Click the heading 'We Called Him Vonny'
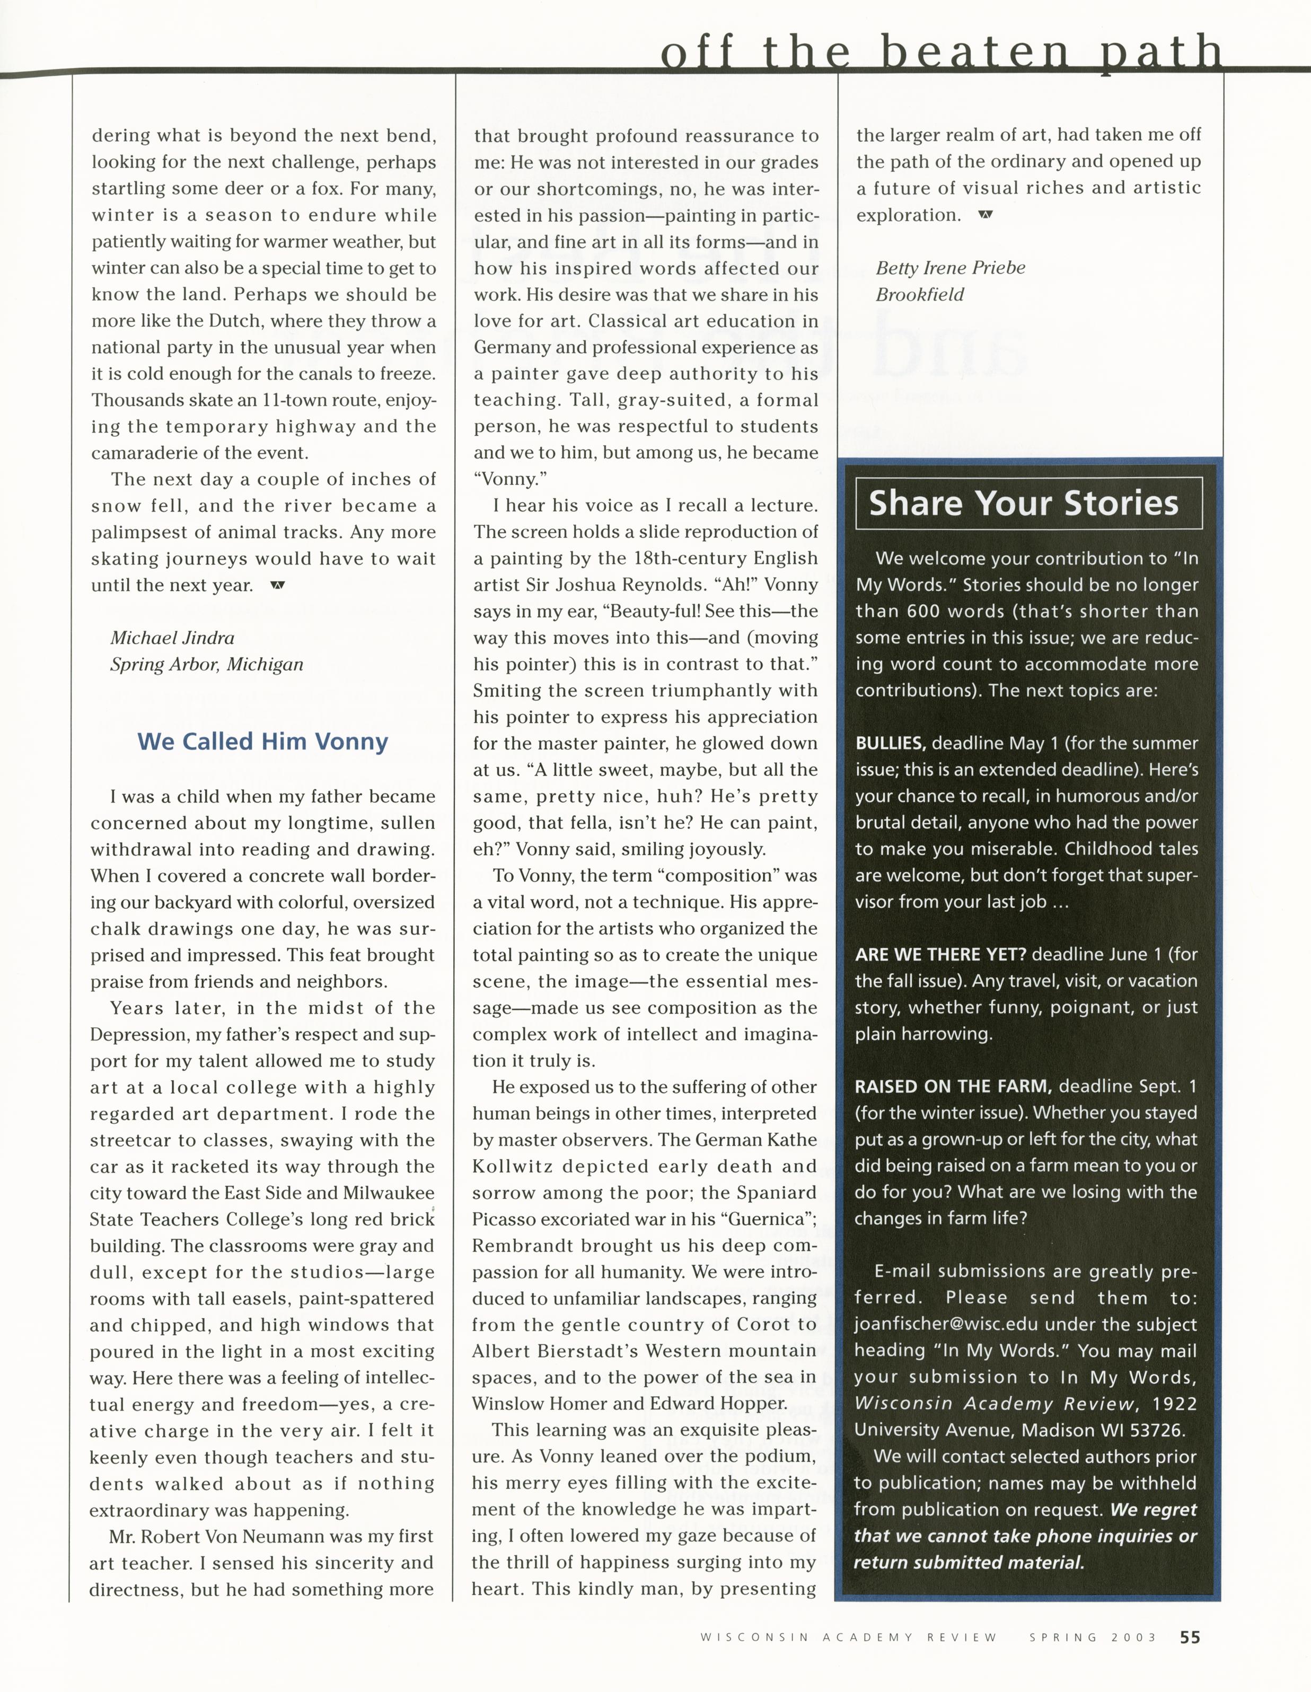262,742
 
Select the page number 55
1190,1637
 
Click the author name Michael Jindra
172,638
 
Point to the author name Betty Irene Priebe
950,268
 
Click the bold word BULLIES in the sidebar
890,744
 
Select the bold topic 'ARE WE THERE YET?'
940,955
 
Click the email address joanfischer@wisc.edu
939,1325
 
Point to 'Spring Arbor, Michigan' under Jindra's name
206,665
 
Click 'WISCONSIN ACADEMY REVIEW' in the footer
848,1638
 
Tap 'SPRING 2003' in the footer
1093,1638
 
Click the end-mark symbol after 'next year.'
277,585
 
